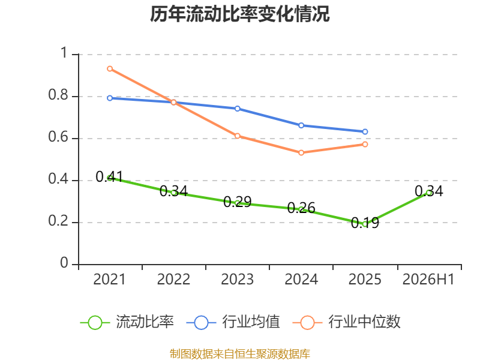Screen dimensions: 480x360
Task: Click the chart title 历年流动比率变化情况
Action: click(x=239, y=14)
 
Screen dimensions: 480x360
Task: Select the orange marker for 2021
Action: click(x=110, y=69)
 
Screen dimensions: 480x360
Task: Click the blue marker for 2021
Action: click(x=110, y=98)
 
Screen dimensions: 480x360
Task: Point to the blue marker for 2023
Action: click(x=237, y=109)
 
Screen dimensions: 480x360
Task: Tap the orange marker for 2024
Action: click(x=301, y=153)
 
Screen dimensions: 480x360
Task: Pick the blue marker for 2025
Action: click(x=365, y=131)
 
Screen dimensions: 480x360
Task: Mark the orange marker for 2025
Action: click(x=365, y=144)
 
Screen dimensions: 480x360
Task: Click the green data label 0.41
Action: click(x=109, y=176)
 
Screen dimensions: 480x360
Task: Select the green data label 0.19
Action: click(x=365, y=223)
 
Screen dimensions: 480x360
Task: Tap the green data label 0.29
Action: click(x=237, y=202)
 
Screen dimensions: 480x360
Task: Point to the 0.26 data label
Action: click(x=301, y=208)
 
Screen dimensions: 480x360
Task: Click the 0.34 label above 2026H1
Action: click(x=429, y=191)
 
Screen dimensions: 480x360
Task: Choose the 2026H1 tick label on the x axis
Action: click(x=428, y=279)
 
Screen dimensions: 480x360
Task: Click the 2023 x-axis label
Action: click(x=237, y=279)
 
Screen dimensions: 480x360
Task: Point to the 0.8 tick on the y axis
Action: click(x=58, y=95)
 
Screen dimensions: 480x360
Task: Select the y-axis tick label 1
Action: click(x=64, y=53)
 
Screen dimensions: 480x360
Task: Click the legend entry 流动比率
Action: click(x=127, y=322)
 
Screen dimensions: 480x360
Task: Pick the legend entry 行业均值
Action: click(x=233, y=322)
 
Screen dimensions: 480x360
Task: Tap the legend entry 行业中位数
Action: click(x=347, y=322)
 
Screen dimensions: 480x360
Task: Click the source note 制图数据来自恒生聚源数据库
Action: click(x=239, y=354)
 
